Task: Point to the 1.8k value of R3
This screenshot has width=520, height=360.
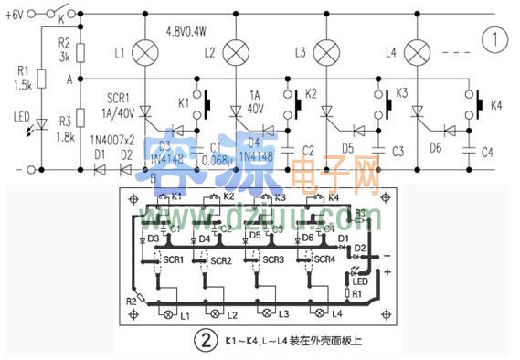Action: [62, 136]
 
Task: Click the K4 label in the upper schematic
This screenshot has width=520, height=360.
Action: [496, 106]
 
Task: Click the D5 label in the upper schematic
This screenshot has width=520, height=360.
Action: [347, 148]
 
